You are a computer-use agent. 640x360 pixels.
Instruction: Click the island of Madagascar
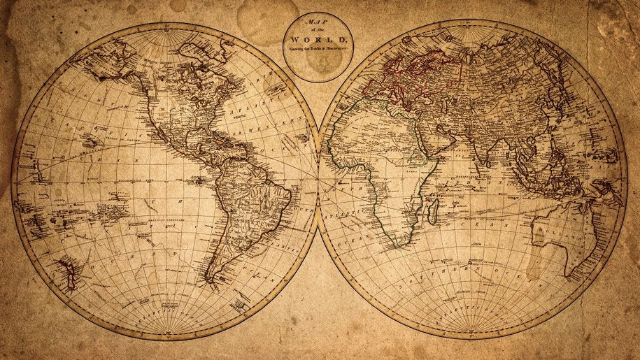click(433, 208)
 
